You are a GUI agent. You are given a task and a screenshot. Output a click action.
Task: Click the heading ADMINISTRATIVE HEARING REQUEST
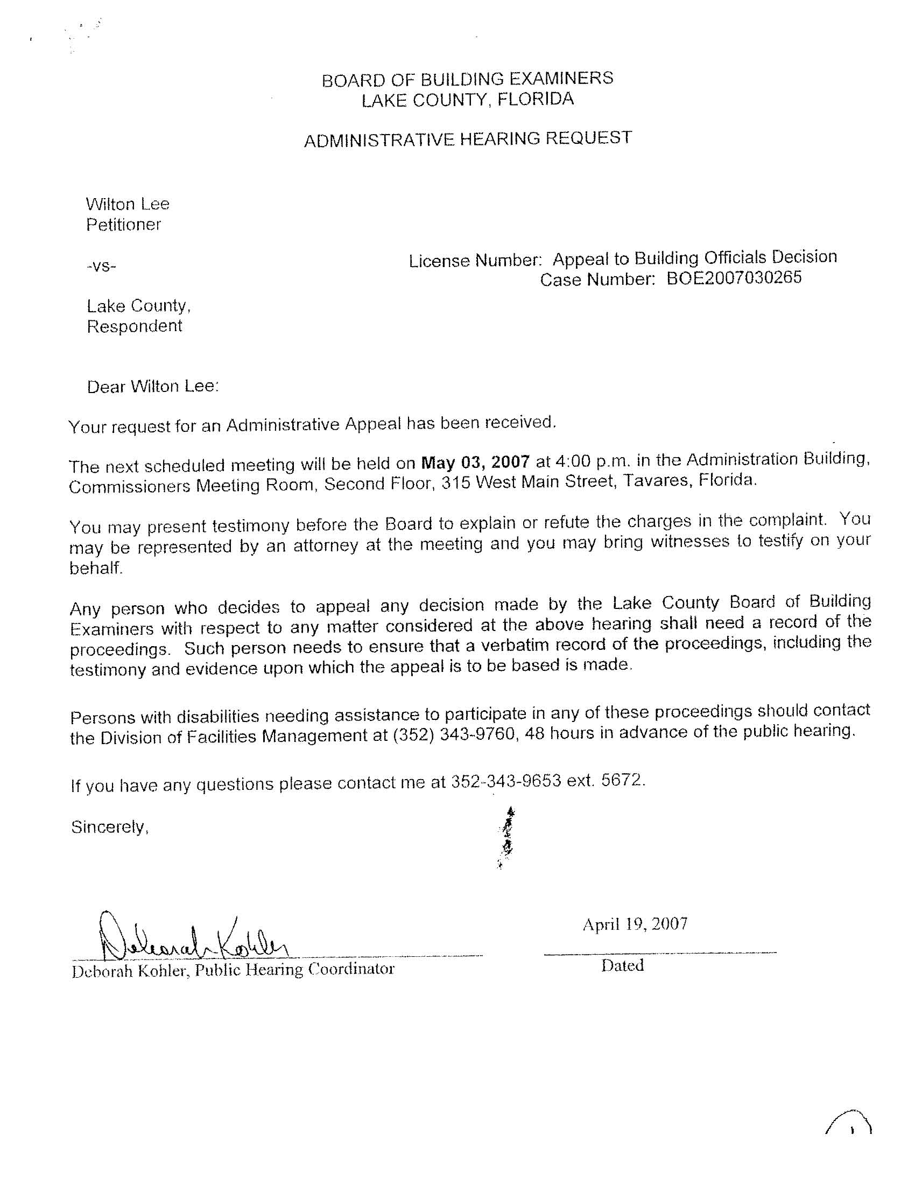467,139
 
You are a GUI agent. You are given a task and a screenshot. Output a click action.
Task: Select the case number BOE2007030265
734,278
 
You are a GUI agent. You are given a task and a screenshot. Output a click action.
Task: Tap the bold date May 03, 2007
475,462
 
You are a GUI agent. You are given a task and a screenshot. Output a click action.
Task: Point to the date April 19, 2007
635,924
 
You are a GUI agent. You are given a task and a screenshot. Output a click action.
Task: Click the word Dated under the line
622,965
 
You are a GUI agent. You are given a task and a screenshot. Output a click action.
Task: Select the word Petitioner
124,225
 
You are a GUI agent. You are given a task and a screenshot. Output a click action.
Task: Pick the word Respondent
135,326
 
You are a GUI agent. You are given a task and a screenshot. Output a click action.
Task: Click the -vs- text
101,266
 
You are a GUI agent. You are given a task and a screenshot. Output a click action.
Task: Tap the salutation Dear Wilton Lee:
152,387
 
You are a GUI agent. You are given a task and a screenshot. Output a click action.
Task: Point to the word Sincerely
109,826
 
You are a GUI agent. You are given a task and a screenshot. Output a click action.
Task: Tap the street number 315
455,482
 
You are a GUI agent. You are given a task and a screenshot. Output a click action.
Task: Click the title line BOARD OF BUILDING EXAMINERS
467,79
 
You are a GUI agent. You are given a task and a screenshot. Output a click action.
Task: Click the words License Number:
475,261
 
